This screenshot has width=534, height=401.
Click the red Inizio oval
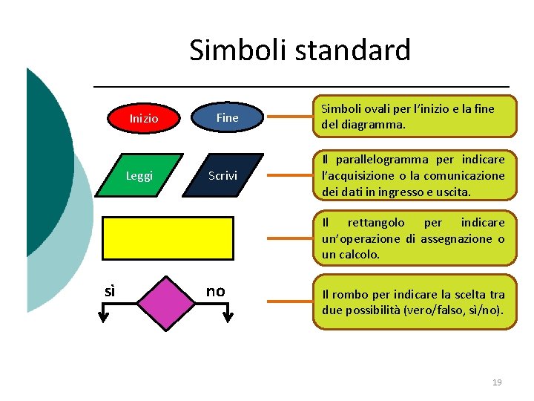[x=143, y=117]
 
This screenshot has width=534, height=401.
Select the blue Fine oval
[x=227, y=117]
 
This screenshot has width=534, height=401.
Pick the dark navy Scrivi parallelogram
[x=222, y=175]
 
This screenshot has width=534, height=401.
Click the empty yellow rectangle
[x=168, y=236]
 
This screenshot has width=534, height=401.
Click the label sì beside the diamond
[x=110, y=291]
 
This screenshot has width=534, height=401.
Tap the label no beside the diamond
[x=215, y=291]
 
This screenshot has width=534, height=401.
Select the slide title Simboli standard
[x=300, y=50]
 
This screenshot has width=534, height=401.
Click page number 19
[x=497, y=382]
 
